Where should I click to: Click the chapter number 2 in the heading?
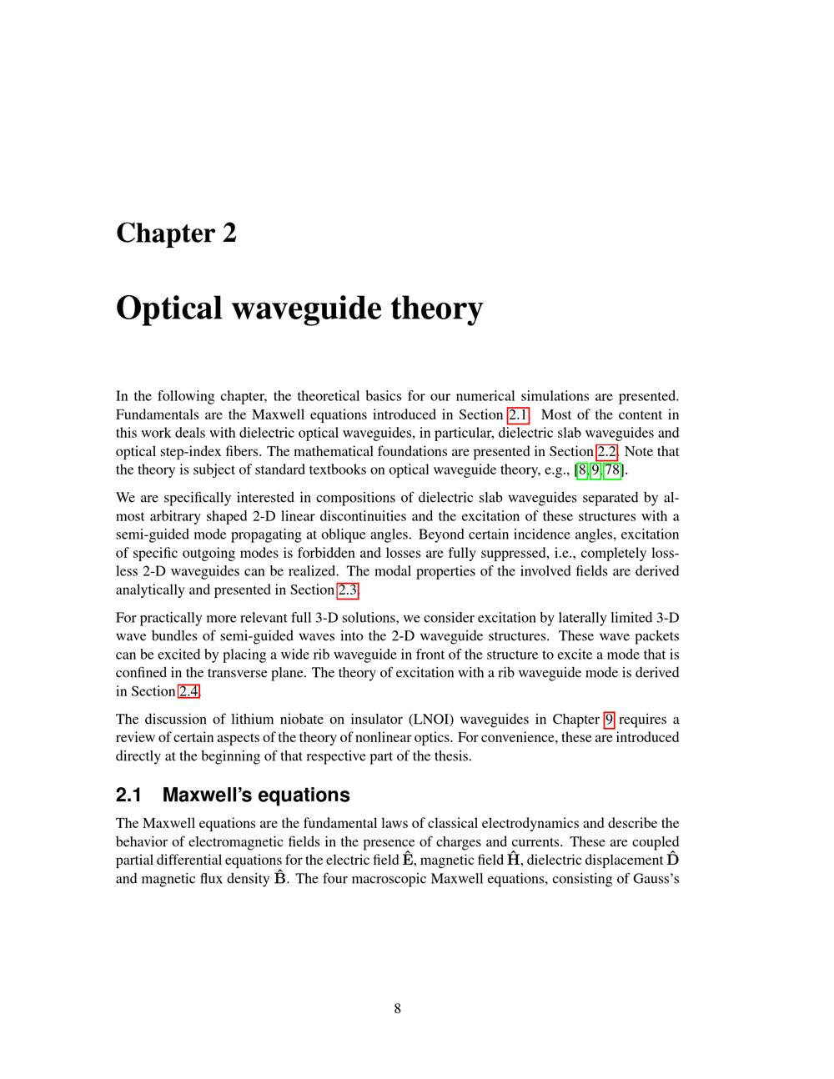pos(229,233)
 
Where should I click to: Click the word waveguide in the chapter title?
pos(306,309)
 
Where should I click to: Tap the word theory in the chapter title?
pos(437,309)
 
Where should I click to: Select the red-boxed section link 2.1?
pos(518,415)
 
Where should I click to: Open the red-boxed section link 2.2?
pos(606,452)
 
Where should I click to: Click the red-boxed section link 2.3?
pos(348,590)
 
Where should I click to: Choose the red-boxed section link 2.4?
pos(189,691)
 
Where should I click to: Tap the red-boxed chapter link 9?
pos(609,720)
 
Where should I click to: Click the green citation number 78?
pos(612,470)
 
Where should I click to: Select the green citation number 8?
pos(582,470)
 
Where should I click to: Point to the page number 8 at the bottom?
pos(397,1009)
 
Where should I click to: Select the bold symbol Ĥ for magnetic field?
pos(514,860)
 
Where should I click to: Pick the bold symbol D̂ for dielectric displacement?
pos(672,860)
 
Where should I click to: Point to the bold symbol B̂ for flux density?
pos(280,878)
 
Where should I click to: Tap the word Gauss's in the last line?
pos(655,879)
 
